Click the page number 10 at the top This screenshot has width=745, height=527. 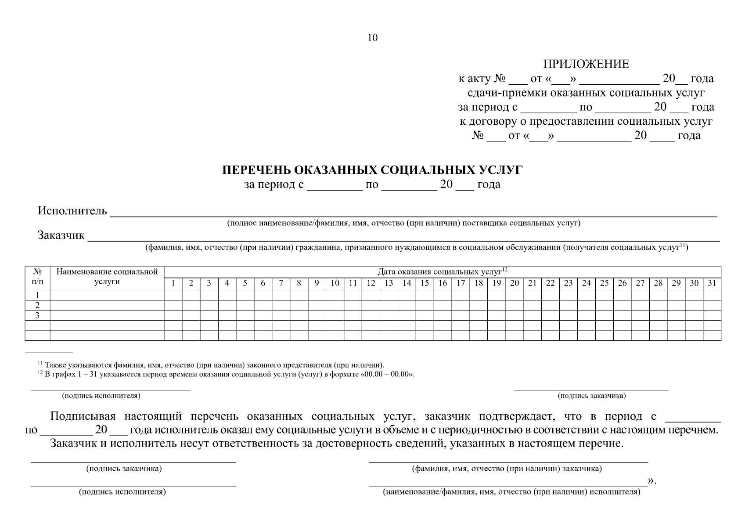[372, 38]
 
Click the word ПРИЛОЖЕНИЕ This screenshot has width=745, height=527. [586, 64]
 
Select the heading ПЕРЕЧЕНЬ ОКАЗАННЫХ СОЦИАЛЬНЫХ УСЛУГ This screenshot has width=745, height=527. [372, 170]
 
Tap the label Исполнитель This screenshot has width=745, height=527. [72, 211]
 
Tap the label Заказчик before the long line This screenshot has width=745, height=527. [61, 235]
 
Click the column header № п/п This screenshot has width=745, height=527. [37, 277]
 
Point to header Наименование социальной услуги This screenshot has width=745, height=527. [107, 277]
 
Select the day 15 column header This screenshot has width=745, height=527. [425, 283]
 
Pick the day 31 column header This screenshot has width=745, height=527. [712, 283]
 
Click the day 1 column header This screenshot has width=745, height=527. [173, 283]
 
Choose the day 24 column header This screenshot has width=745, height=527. [586, 283]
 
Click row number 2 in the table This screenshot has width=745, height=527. [37, 305]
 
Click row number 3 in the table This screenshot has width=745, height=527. [37, 315]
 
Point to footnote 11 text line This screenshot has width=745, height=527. [211, 365]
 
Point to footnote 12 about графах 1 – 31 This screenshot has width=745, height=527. [226, 375]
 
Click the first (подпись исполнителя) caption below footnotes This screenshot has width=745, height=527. [101, 396]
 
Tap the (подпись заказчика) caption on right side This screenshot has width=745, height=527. [591, 396]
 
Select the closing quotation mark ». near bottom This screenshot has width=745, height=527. [651, 482]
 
